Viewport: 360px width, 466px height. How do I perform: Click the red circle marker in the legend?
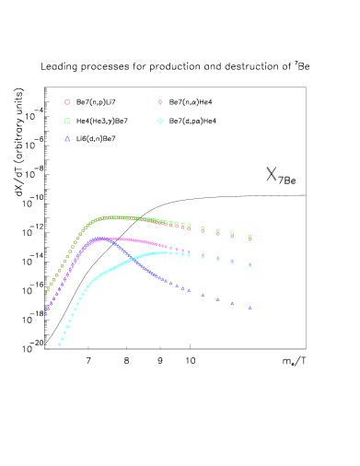click(67, 102)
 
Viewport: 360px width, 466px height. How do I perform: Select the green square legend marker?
click(67, 121)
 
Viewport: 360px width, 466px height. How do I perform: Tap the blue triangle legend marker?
click(67, 139)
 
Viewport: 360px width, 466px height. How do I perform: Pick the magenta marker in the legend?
click(160, 102)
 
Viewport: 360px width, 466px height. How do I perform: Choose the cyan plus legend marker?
click(160, 121)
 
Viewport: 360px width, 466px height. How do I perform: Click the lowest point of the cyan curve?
click(60, 344)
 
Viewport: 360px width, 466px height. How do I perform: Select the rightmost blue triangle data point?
click(250, 308)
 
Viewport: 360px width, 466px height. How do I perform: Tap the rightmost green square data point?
click(250, 237)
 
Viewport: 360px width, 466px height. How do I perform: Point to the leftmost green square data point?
click(46, 290)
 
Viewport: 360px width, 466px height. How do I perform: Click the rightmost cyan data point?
click(250, 265)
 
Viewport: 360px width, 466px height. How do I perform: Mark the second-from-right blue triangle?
click(232, 303)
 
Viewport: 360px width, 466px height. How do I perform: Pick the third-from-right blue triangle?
click(218, 299)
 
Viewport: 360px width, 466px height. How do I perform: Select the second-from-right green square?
click(232, 233)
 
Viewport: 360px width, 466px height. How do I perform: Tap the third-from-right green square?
click(218, 231)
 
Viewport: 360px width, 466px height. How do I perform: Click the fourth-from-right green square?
click(203, 228)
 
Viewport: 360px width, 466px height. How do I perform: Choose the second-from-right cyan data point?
click(232, 262)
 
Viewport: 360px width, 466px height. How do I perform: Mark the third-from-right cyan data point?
click(218, 259)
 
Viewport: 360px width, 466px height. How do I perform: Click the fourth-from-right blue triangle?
click(203, 295)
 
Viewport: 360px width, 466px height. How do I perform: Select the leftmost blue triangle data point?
click(46, 311)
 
